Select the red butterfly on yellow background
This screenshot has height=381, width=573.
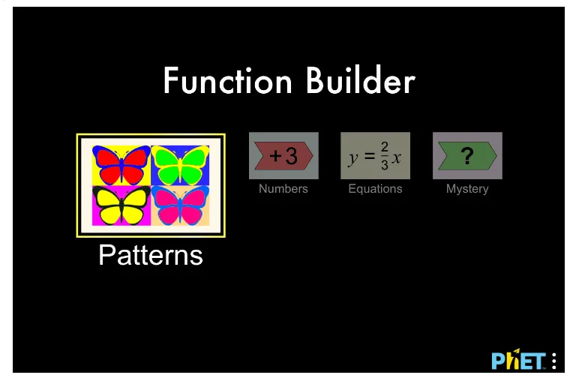pyautogui.click(x=121, y=165)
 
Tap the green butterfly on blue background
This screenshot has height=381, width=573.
pyautogui.click(x=180, y=165)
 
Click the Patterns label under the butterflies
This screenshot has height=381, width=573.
pyautogui.click(x=151, y=256)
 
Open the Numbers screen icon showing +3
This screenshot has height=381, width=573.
pyautogui.click(x=283, y=156)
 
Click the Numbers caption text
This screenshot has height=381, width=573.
pyautogui.click(x=283, y=189)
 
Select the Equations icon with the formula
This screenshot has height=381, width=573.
pyautogui.click(x=375, y=156)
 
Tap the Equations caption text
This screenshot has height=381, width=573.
pyautogui.click(x=375, y=189)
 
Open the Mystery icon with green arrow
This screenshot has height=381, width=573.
pyautogui.click(x=467, y=156)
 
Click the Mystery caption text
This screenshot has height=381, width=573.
pyautogui.click(x=467, y=189)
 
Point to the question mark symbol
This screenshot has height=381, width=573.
pyautogui.click(x=467, y=156)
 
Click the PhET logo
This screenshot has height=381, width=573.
pyautogui.click(x=518, y=361)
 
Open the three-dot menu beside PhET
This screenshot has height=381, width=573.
pyautogui.click(x=554, y=361)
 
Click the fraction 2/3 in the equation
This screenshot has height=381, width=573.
pyautogui.click(x=385, y=157)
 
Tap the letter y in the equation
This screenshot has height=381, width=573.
pyautogui.click(x=352, y=159)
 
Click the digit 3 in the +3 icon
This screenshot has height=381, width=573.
pyautogui.click(x=291, y=156)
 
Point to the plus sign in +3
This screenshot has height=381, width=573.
pyautogui.click(x=275, y=156)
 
